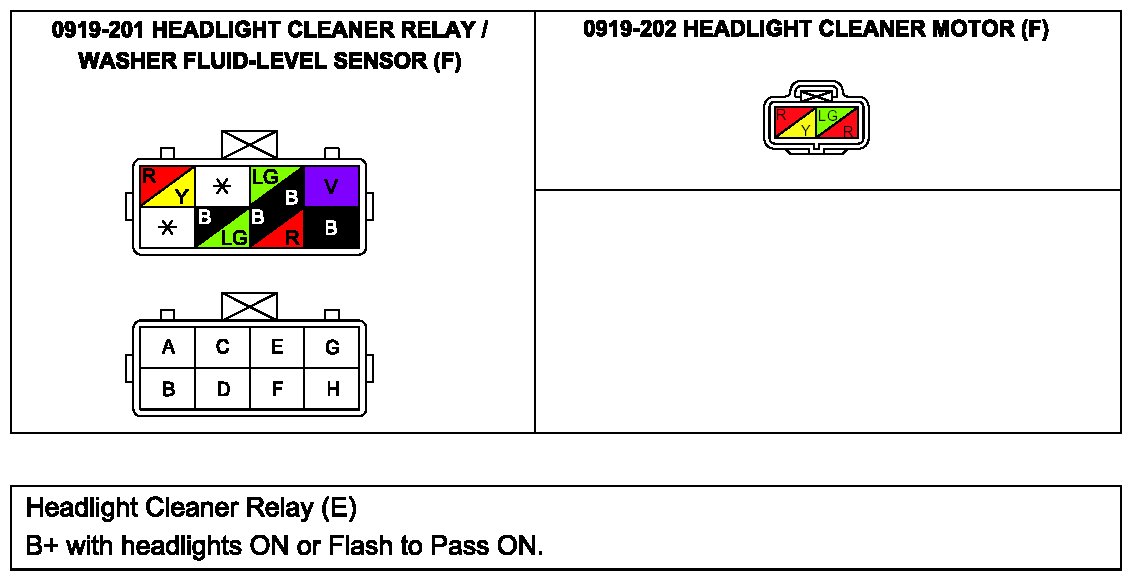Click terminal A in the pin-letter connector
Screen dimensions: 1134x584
click(x=168, y=348)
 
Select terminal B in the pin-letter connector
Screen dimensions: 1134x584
click(x=168, y=389)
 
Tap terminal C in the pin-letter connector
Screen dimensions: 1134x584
click(x=223, y=348)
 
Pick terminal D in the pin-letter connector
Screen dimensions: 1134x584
click(x=223, y=389)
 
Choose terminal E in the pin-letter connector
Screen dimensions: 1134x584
click(x=277, y=348)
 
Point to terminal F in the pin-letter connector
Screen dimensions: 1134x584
click(x=277, y=389)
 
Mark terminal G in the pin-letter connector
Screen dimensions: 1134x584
click(x=332, y=348)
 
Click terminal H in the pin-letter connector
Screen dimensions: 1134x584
click(x=332, y=389)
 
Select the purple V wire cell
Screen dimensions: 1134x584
click(x=331, y=186)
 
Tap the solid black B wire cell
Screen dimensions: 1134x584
click(x=331, y=228)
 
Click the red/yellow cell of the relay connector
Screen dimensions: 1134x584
click(x=167, y=186)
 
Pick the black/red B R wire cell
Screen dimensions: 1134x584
click(x=277, y=228)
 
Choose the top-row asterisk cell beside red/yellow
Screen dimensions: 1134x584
click(x=222, y=186)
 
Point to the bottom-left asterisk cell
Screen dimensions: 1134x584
click(x=167, y=228)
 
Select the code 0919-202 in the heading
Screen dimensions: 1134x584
click(x=629, y=30)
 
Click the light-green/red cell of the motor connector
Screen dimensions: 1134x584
click(x=837, y=123)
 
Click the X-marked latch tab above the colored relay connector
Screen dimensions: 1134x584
click(x=249, y=144)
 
